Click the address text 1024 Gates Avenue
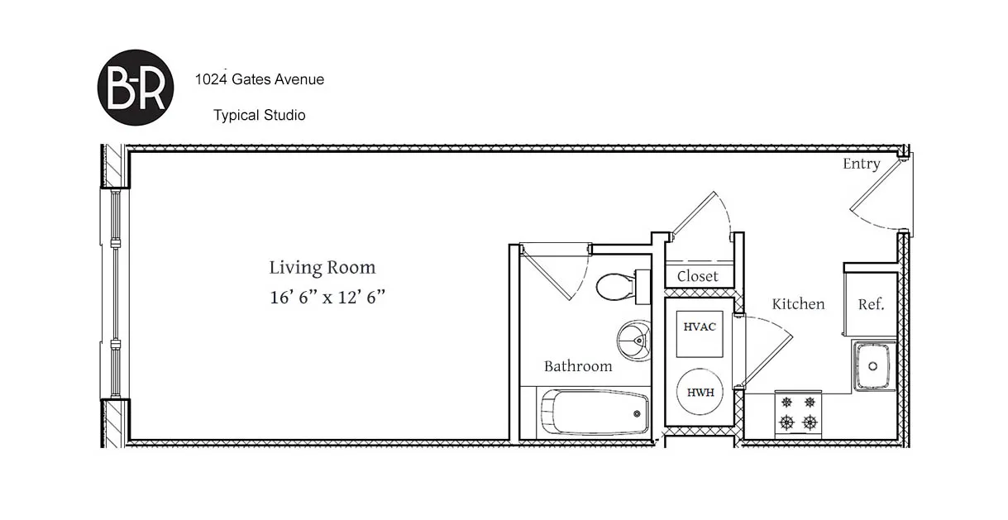tap(259, 80)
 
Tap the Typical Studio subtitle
tap(259, 115)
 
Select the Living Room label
tap(322, 268)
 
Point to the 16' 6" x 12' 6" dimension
tap(327, 298)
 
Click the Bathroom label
tap(578, 366)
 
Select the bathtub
tap(595, 412)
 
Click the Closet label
tap(697, 276)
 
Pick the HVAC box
tap(700, 327)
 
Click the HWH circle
tap(700, 392)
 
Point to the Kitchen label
tap(798, 304)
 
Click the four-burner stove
tap(798, 413)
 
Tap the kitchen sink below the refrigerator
tap(872, 364)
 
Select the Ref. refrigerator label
tap(871, 304)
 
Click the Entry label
tap(861, 164)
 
